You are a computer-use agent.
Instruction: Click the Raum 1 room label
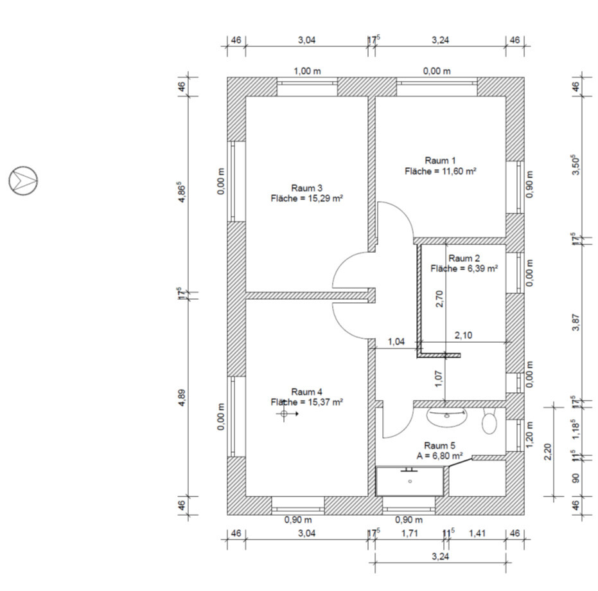tap(440, 160)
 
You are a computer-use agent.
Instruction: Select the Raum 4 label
tap(306, 392)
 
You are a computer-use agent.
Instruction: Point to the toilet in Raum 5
tap(489, 421)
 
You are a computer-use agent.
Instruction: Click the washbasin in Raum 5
tap(447, 417)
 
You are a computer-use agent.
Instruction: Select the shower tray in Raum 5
tap(410, 481)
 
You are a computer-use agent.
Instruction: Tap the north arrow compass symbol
tap(23, 181)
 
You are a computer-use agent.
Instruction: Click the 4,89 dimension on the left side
tap(182, 397)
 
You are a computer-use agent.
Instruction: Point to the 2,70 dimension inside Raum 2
tap(439, 299)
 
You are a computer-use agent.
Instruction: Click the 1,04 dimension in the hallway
tap(396, 341)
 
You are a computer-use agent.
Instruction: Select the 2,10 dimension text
tap(463, 335)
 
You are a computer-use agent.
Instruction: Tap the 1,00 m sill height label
tap(308, 71)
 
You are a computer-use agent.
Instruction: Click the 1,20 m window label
tap(530, 434)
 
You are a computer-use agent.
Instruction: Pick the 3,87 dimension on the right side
tap(576, 323)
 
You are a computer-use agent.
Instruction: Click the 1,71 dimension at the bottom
tap(410, 533)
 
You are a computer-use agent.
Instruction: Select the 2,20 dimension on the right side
tap(548, 451)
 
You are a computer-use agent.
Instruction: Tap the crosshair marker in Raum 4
tap(284, 414)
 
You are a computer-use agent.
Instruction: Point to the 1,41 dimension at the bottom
tap(477, 533)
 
